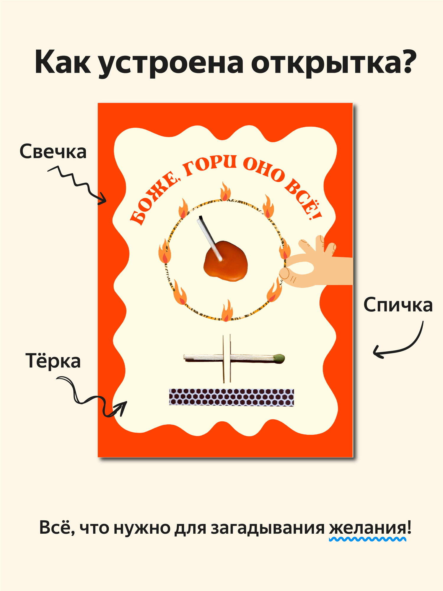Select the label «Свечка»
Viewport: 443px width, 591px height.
tap(53, 152)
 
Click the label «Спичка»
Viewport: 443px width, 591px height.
tap(398, 305)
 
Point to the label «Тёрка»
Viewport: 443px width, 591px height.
tap(53, 361)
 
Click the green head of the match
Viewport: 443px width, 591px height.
tap(279, 358)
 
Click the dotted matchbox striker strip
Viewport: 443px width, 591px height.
tap(231, 397)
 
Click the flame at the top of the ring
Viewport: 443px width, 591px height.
tap(226, 192)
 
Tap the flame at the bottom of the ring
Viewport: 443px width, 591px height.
tap(227, 311)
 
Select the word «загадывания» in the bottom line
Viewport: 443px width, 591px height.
tap(267, 528)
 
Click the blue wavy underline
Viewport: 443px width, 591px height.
tap(368, 539)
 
